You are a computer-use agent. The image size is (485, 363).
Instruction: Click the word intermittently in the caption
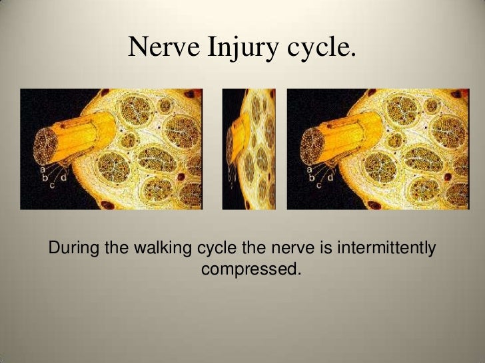[x=388, y=249]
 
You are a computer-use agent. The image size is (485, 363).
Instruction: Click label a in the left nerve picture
[x=43, y=170]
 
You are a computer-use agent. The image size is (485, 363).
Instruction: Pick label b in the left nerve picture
[x=43, y=178]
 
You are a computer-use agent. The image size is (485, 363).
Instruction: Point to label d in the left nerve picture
[x=63, y=178]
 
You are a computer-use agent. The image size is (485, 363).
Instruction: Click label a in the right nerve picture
[x=310, y=170]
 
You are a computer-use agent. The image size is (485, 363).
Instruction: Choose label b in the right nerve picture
[x=310, y=178]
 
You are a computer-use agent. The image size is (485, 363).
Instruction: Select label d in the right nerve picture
[x=330, y=178]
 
